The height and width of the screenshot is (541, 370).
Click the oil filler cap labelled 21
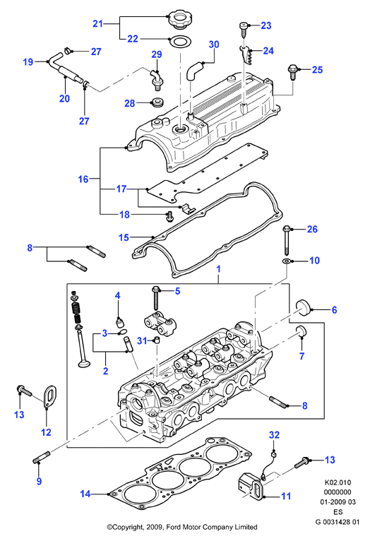[x=179, y=19]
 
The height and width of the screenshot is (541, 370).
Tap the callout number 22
[x=133, y=39]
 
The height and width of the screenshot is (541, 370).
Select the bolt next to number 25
[x=292, y=72]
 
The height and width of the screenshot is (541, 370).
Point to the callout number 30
[x=214, y=44]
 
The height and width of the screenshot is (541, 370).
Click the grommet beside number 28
[x=157, y=102]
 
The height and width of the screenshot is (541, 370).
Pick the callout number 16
[x=83, y=179]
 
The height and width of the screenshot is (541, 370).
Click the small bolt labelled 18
[x=169, y=216]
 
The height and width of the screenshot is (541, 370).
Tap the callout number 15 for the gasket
[x=124, y=237]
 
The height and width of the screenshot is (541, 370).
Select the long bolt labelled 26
[x=287, y=240]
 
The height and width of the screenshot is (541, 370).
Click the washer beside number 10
[x=287, y=261]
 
